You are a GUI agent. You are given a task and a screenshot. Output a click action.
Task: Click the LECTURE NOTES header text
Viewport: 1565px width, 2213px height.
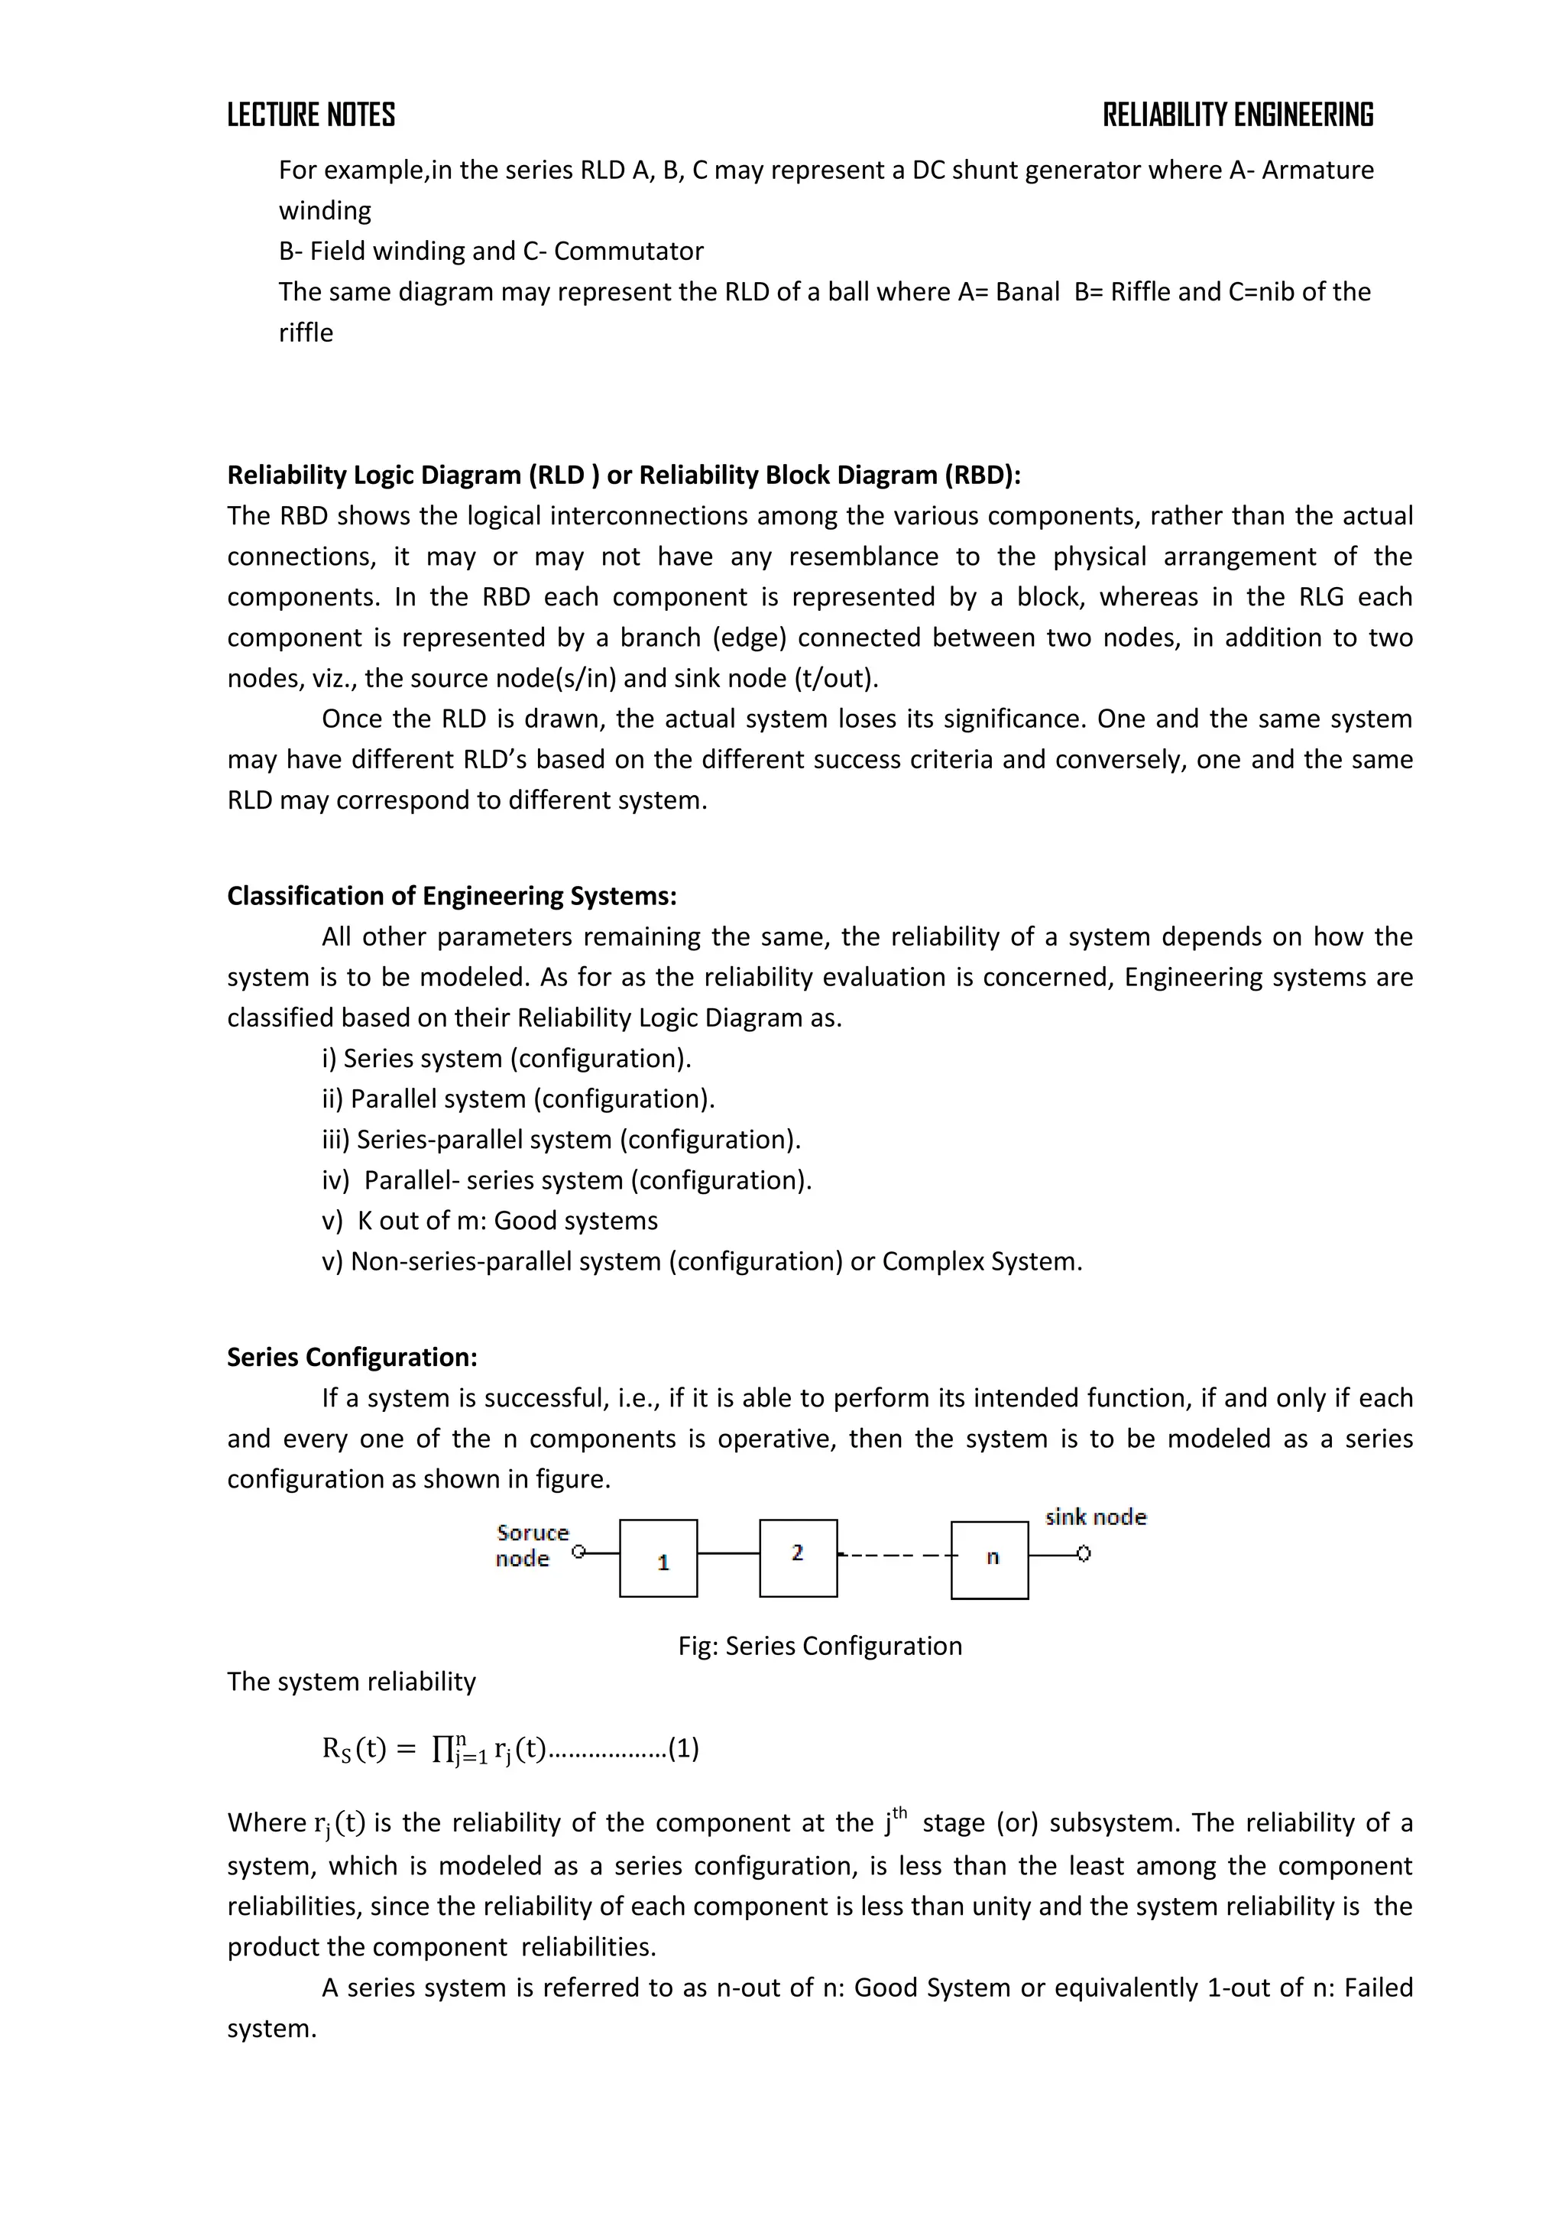tap(310, 115)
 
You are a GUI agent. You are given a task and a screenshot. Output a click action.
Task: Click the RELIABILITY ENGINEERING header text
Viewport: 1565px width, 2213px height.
tap(1237, 115)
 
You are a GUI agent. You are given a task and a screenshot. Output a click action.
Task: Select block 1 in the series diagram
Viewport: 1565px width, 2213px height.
tap(658, 1559)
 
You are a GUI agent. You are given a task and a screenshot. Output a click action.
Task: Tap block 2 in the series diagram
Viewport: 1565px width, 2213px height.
tap(798, 1558)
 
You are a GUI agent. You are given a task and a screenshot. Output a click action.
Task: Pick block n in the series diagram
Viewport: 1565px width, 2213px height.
tap(990, 1560)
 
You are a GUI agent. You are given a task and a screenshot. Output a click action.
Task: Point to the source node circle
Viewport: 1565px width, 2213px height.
tap(578, 1552)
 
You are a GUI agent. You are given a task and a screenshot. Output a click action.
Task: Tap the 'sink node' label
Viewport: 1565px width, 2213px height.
tap(1096, 1517)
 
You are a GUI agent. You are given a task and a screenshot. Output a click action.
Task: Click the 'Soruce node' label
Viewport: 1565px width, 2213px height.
tap(531, 1545)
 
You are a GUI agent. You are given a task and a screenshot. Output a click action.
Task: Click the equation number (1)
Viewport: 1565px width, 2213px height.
tap(683, 1748)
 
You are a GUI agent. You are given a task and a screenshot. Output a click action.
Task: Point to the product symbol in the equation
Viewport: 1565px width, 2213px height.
tap(443, 1748)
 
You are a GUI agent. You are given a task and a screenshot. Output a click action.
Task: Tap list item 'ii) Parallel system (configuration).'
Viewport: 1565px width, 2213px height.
tap(518, 1098)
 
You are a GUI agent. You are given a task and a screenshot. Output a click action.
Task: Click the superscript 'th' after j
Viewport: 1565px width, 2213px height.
tap(900, 1812)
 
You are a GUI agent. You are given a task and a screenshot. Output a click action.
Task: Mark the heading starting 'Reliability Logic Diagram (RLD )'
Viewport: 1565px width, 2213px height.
tap(624, 475)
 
